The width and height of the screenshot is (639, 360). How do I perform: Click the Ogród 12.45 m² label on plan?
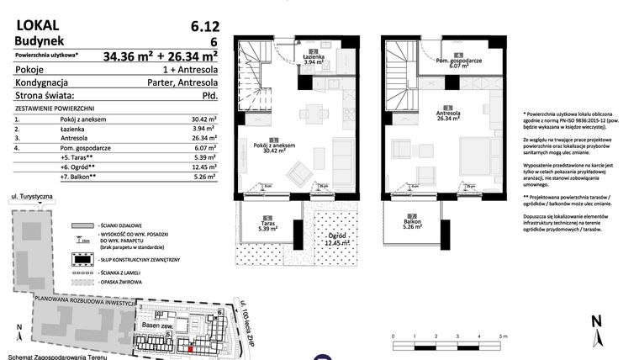click(x=338, y=241)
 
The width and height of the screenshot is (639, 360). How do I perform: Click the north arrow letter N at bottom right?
click(x=594, y=321)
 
